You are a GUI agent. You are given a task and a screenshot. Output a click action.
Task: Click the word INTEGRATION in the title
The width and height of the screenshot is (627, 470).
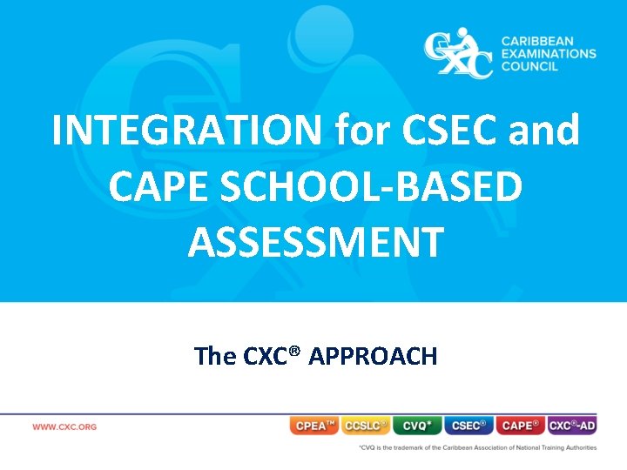click(188, 131)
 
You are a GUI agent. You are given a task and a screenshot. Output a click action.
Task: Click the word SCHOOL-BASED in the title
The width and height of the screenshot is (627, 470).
click(376, 187)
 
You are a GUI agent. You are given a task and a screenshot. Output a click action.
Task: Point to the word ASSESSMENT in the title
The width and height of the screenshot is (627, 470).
click(315, 242)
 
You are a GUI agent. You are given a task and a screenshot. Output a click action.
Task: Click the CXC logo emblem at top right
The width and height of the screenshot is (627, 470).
click(457, 53)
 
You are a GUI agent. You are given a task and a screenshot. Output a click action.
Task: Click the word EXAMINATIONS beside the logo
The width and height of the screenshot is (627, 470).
click(549, 53)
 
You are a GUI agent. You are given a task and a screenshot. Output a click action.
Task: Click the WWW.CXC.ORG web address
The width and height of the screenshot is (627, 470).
click(64, 426)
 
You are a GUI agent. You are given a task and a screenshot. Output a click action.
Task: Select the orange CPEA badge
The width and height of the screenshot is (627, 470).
click(314, 426)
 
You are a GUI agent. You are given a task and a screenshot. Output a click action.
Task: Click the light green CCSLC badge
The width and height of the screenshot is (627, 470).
click(366, 426)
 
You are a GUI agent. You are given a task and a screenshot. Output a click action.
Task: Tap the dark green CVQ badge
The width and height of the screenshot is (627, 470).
click(417, 426)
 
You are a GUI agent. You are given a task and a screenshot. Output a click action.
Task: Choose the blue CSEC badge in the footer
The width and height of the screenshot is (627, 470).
click(469, 426)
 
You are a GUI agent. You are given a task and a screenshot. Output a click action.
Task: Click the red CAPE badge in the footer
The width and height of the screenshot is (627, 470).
click(520, 426)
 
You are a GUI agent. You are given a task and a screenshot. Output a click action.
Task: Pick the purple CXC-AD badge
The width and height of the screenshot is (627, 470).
click(572, 426)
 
